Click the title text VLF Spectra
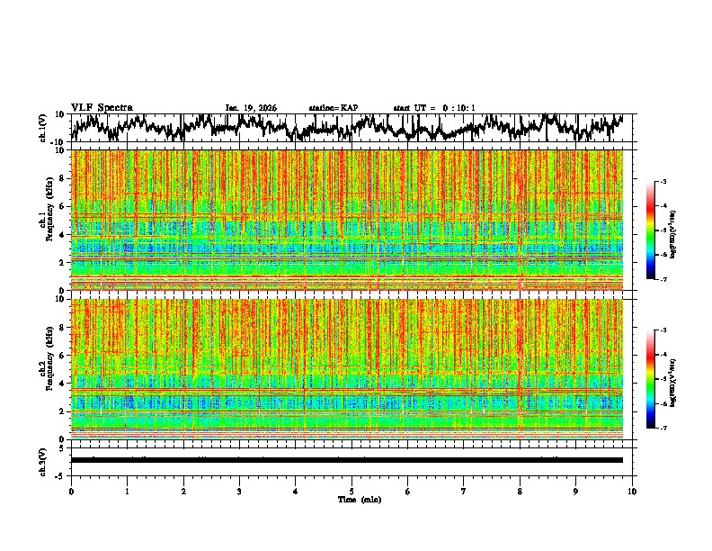(x=102, y=107)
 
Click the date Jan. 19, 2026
(x=251, y=108)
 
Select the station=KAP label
(x=333, y=108)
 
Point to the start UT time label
(x=433, y=108)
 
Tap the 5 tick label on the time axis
(x=352, y=491)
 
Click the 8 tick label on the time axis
(x=520, y=491)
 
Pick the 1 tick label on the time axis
(x=127, y=491)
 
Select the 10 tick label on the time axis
(x=632, y=491)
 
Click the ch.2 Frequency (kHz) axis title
(x=45, y=369)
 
